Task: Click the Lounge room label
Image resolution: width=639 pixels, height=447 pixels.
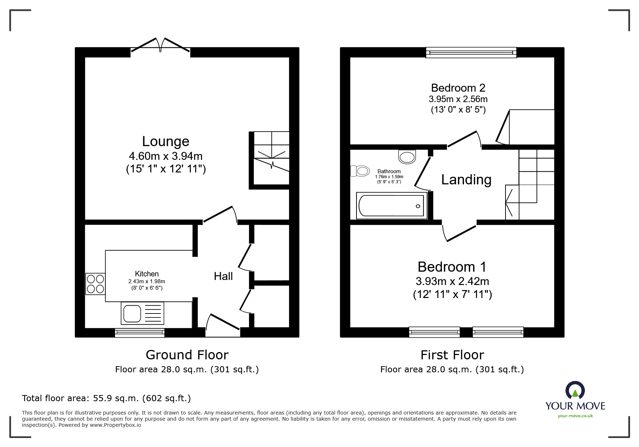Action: tap(166, 141)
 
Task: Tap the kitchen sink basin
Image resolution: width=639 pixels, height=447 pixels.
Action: tap(132, 313)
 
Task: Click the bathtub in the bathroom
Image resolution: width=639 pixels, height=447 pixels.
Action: tap(391, 206)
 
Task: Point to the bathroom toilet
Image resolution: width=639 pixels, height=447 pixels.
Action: tap(360, 171)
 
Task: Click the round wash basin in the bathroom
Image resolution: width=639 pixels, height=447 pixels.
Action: tap(407, 157)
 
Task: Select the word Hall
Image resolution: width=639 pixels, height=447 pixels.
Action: tap(223, 276)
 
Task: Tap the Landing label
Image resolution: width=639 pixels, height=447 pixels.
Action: tap(466, 180)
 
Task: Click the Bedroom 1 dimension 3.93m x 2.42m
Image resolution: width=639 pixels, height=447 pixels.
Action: tap(452, 281)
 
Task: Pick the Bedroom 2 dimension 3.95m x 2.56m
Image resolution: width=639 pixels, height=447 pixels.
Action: tap(458, 99)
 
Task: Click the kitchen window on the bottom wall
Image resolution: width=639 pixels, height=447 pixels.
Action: tap(140, 332)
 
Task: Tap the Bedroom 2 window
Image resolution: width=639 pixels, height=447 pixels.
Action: tap(471, 53)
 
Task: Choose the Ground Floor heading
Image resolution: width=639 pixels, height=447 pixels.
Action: tap(187, 355)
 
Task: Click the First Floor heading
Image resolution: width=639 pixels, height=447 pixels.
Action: tap(452, 355)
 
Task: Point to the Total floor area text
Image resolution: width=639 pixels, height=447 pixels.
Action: tap(106, 398)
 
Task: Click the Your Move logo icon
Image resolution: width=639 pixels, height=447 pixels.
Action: tap(575, 391)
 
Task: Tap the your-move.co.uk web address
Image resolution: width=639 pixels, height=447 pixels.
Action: tap(575, 416)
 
